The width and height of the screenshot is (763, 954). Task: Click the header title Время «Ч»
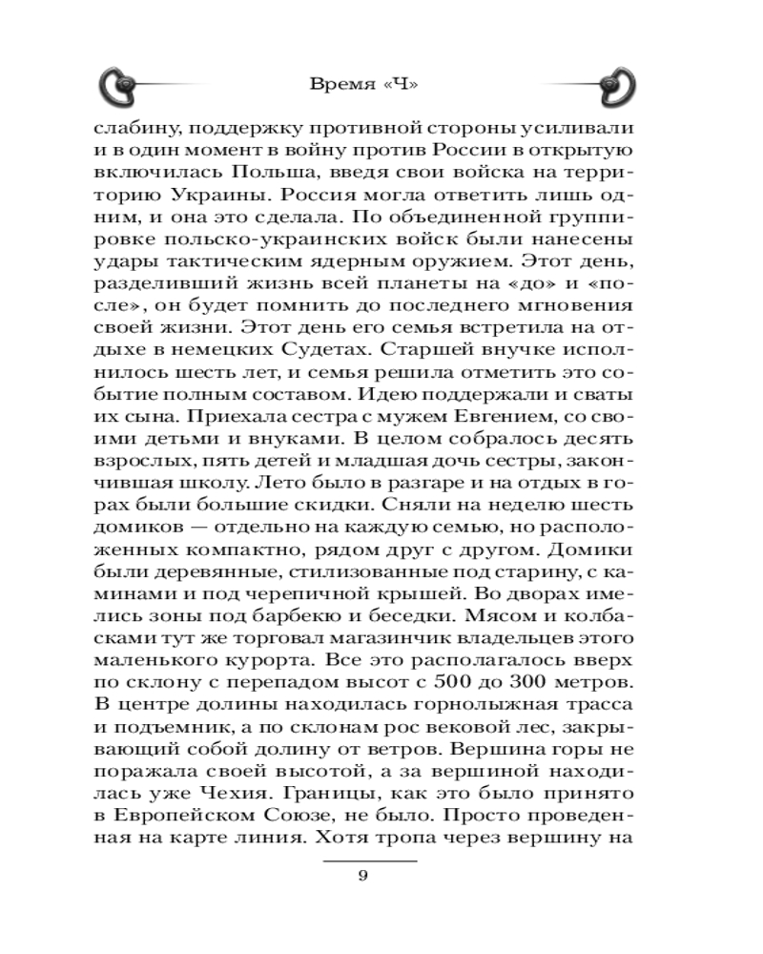pyautogui.click(x=366, y=84)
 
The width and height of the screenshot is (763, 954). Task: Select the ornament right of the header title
pyautogui.click(x=616, y=85)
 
